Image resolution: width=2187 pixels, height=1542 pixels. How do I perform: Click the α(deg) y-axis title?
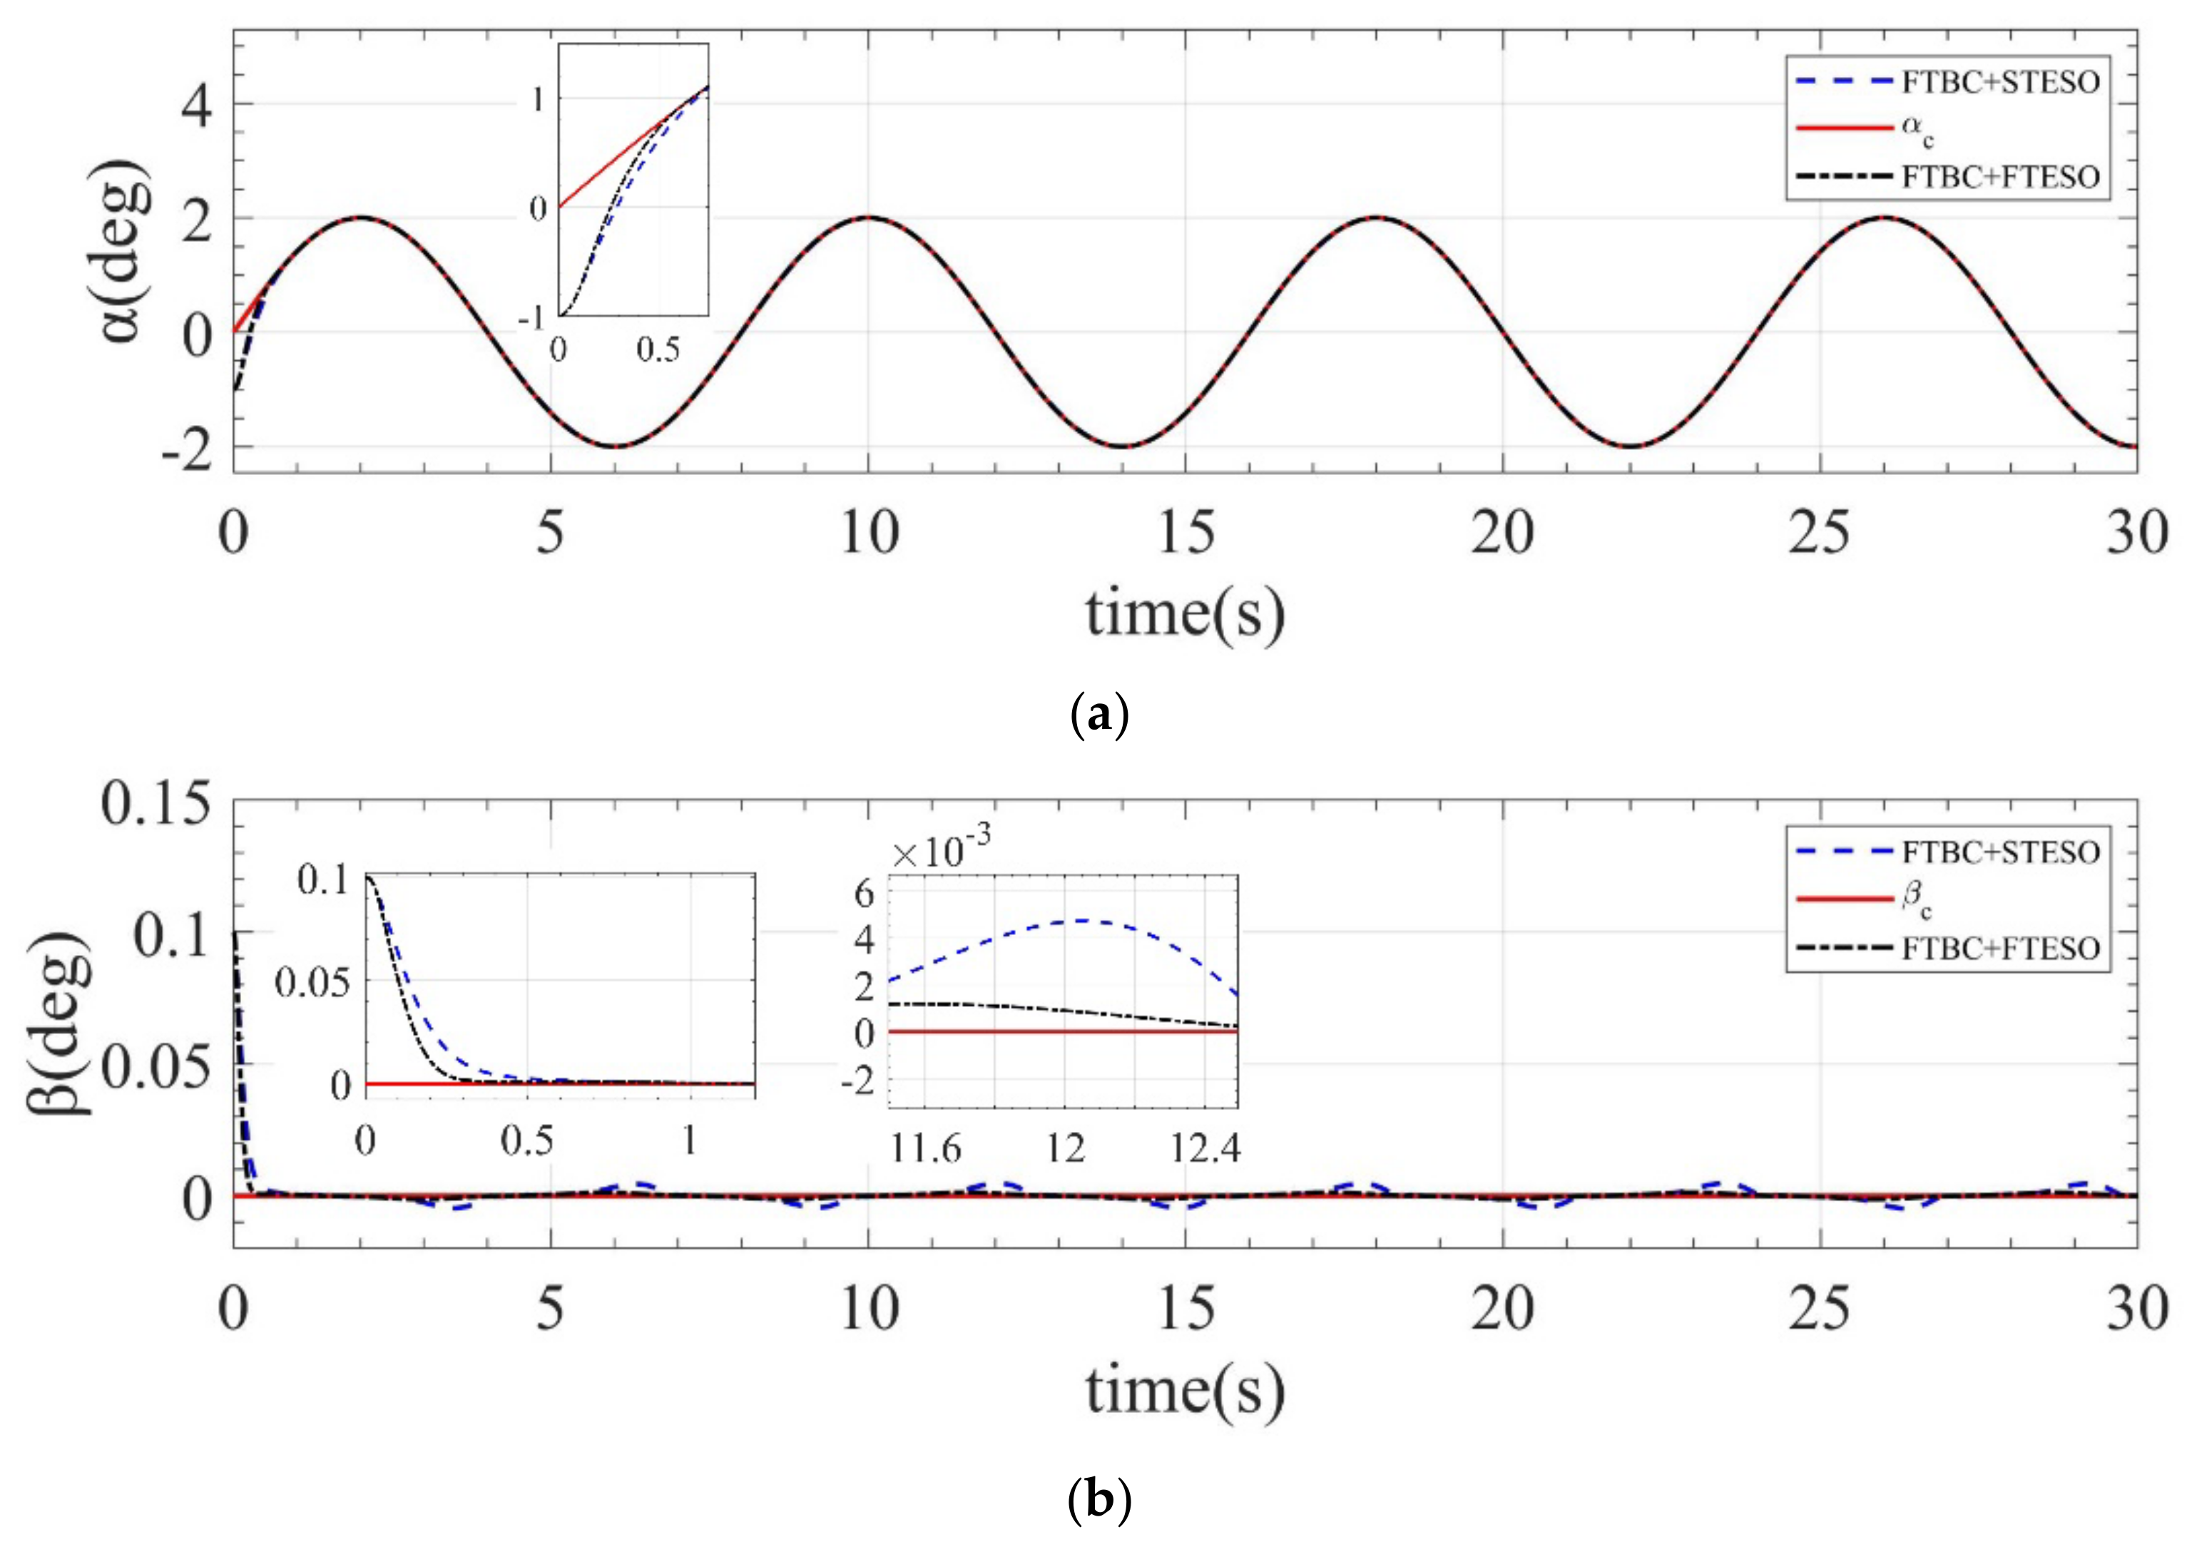(x=121, y=252)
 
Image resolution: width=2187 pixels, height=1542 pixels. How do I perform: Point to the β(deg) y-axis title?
(x=59, y=1024)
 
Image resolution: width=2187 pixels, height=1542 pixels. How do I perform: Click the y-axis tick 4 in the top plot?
(x=197, y=105)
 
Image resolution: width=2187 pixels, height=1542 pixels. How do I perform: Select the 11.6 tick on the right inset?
(x=925, y=1148)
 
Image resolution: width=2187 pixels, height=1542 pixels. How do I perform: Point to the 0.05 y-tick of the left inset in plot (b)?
(x=312, y=982)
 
